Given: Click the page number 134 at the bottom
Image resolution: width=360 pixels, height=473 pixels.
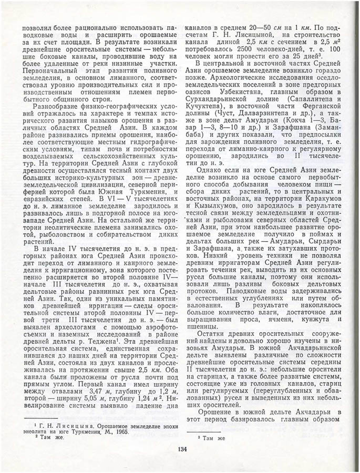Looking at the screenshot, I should click(182, 448).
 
